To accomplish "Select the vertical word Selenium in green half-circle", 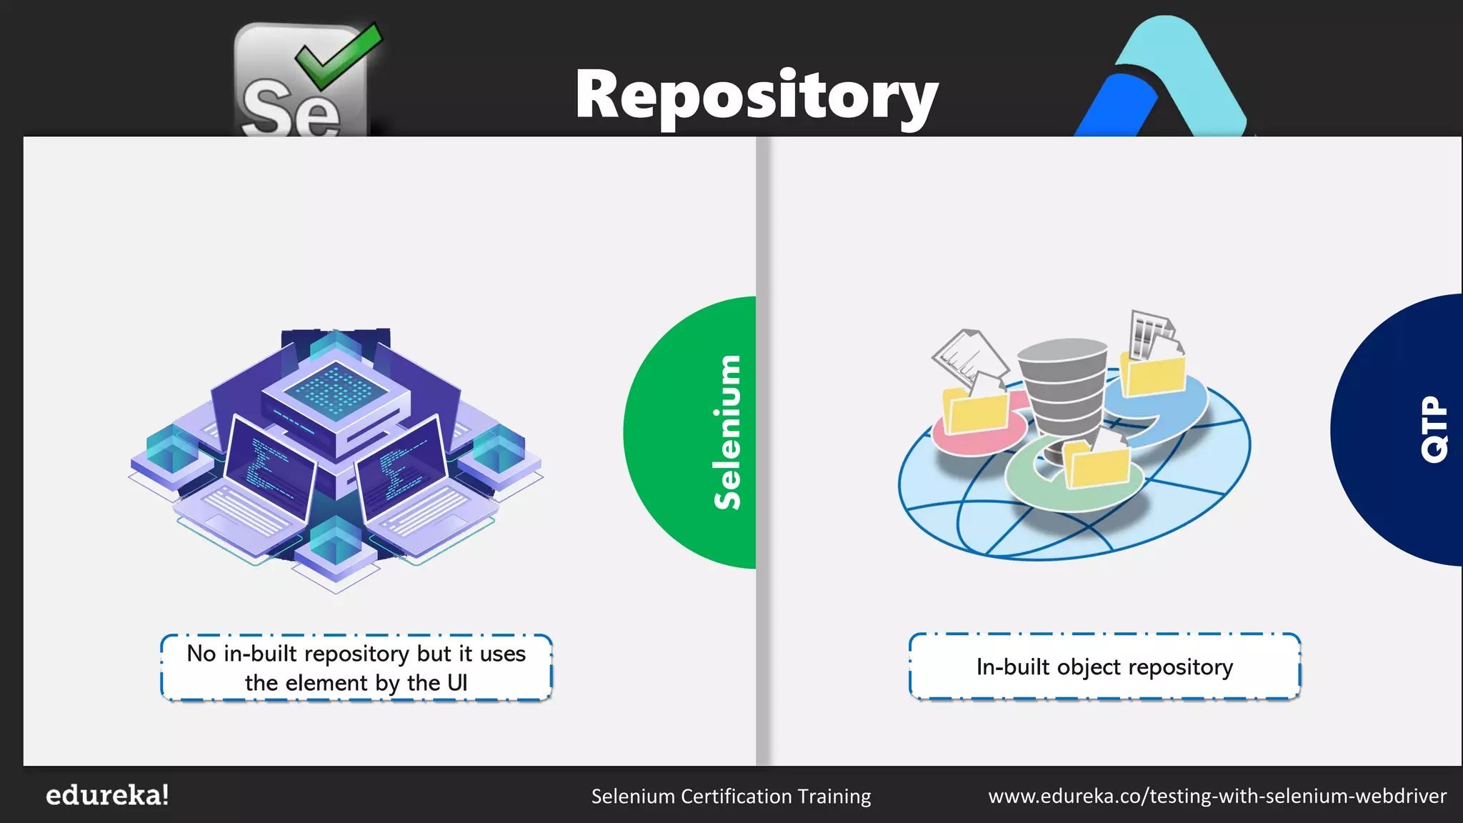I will [728, 432].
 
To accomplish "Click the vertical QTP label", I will [1434, 429].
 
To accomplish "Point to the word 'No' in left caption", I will [201, 654].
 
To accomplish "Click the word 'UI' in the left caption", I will [457, 683].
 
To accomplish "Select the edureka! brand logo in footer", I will [107, 795].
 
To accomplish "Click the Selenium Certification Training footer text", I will [731, 796].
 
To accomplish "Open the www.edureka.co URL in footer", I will [1217, 796].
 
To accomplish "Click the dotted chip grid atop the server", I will [336, 389].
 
